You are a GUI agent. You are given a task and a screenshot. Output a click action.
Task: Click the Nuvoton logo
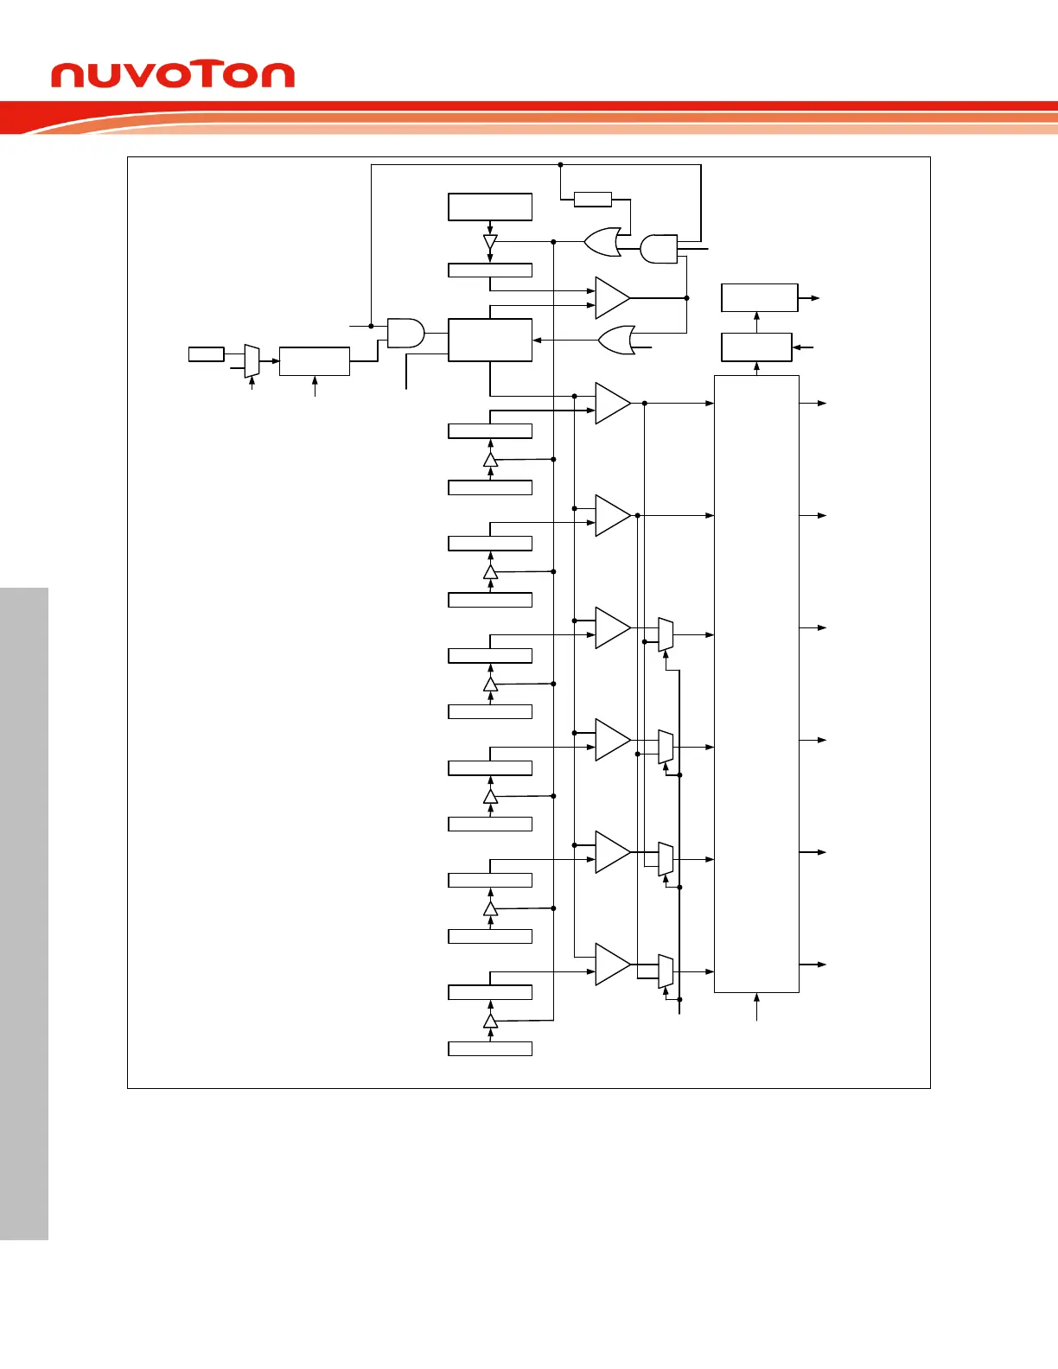pyautogui.click(x=173, y=75)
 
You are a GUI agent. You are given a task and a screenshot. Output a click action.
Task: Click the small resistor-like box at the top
pyautogui.click(x=593, y=200)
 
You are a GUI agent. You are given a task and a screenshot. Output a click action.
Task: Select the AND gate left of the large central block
pyautogui.click(x=405, y=333)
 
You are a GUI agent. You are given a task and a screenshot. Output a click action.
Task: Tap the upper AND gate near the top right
pyautogui.click(x=659, y=249)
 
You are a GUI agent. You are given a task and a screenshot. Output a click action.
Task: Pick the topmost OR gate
pyautogui.click(x=602, y=242)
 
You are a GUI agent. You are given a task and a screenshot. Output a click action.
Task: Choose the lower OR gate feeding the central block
pyautogui.click(x=617, y=341)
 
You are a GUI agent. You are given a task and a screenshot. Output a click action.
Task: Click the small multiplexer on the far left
pyautogui.click(x=252, y=360)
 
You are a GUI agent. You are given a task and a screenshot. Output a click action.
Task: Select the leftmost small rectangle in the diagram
pyautogui.click(x=207, y=353)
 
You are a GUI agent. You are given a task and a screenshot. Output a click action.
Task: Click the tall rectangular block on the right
pyautogui.click(x=756, y=684)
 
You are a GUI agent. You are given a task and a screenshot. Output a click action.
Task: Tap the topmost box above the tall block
pyautogui.click(x=759, y=297)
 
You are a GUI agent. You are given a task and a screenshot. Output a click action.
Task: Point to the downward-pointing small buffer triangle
pyautogui.click(x=490, y=242)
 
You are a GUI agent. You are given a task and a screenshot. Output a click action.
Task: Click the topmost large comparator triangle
pyautogui.click(x=613, y=298)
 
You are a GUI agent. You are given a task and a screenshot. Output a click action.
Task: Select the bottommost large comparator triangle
pyautogui.click(x=613, y=964)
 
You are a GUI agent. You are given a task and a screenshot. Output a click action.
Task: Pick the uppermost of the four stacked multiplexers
pyautogui.click(x=666, y=634)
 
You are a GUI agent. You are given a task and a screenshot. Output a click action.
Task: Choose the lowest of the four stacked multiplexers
pyautogui.click(x=666, y=971)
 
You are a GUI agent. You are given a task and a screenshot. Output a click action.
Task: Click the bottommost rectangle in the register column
pyautogui.click(x=490, y=1048)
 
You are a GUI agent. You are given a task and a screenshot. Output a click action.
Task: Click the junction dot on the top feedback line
pyautogui.click(x=560, y=164)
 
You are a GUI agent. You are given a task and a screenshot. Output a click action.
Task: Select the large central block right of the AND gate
pyautogui.click(x=490, y=340)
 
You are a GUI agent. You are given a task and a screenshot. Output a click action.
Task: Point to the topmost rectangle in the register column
pyautogui.click(x=490, y=207)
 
